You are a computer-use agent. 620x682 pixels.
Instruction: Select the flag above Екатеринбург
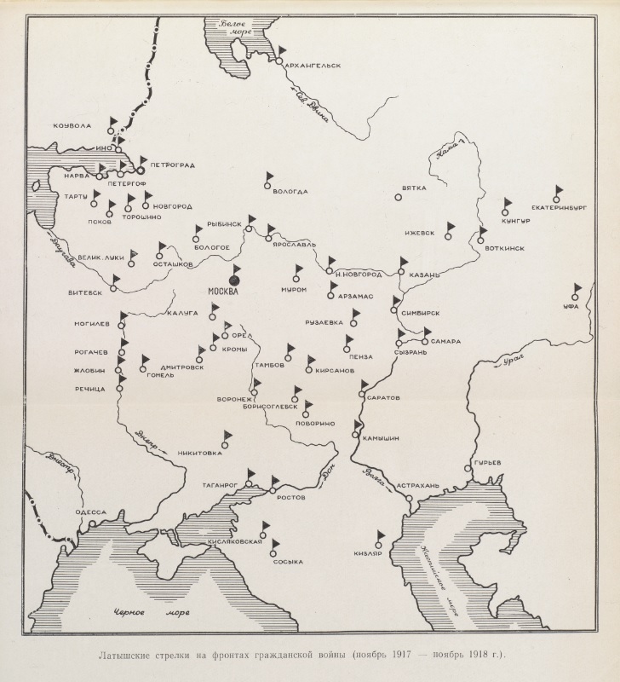click(559, 191)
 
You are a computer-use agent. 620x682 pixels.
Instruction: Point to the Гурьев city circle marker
click(468, 468)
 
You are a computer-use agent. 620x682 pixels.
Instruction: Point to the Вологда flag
click(269, 176)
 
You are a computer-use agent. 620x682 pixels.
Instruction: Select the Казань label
click(423, 275)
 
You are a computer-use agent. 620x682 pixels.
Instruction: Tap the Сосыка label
click(289, 562)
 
